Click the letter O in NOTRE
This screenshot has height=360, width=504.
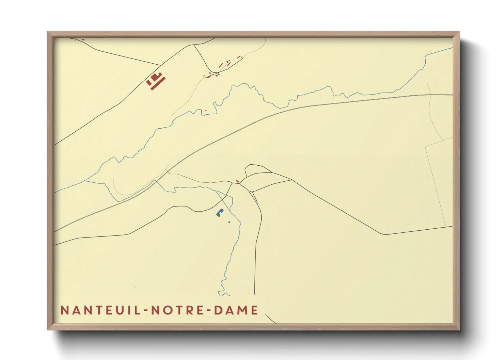coord(166,310)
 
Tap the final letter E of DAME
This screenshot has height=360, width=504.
coord(255,310)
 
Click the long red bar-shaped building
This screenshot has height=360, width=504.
coord(158,84)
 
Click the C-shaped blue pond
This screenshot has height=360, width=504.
coord(219,213)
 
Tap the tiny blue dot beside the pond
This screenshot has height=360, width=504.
coord(229,222)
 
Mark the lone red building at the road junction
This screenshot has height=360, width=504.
coord(237,181)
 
